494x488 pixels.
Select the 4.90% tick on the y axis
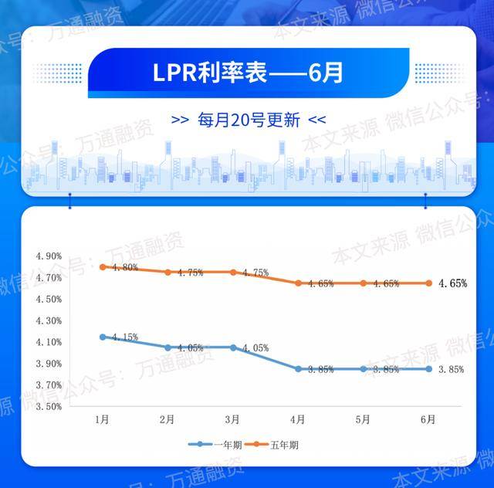point(49,256)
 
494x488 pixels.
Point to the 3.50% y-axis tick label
point(49,406)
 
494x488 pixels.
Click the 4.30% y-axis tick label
point(49,320)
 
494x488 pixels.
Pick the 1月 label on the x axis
point(102,419)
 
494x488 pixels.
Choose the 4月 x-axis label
point(298,419)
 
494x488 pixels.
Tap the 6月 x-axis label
point(428,419)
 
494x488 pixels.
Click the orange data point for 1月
point(102,267)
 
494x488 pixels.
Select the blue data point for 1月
point(102,337)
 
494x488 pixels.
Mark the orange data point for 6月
point(428,283)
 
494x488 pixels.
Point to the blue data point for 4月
point(298,369)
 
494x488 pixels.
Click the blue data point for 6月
point(428,369)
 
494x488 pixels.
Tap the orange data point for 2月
point(167,272)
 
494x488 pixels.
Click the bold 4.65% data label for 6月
point(452,283)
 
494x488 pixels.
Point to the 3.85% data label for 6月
point(452,370)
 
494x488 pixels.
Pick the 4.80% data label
point(124,268)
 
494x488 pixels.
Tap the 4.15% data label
point(124,337)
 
